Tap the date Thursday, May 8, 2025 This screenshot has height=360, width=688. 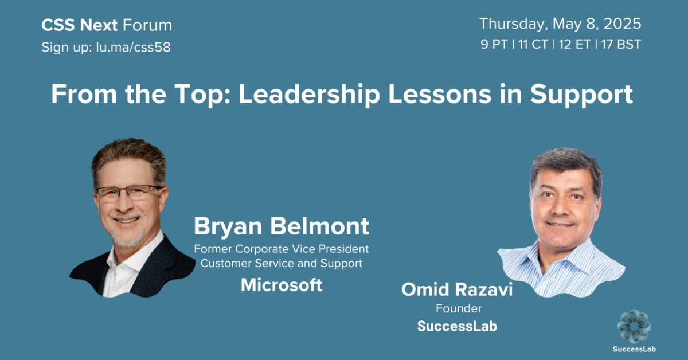[x=560, y=24]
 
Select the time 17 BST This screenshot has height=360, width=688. [x=621, y=45]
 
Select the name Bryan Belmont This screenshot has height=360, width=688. [x=281, y=226]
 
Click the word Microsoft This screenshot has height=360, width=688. [x=281, y=285]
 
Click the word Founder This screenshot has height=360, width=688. [x=458, y=308]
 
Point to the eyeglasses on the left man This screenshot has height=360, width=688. [x=129, y=193]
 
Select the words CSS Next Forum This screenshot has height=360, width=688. [x=107, y=25]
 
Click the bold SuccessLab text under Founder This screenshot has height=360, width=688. [x=457, y=326]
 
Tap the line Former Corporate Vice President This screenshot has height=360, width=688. [x=281, y=249]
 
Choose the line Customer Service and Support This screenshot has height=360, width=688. [x=281, y=264]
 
